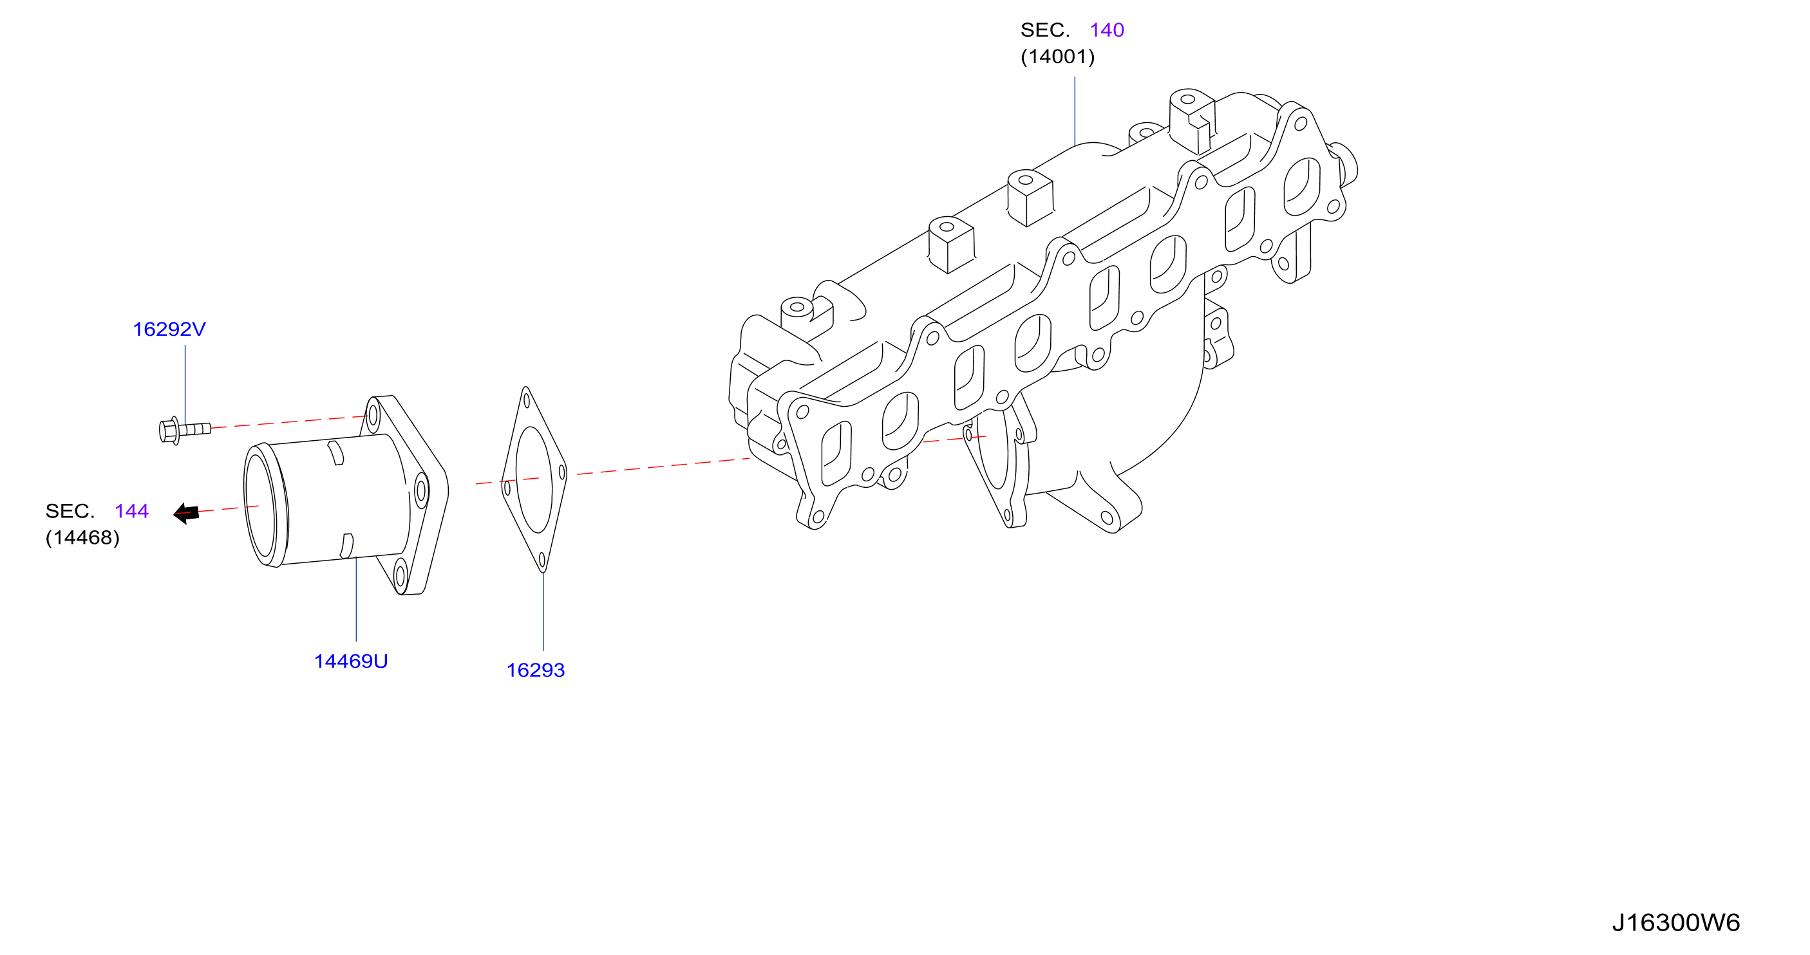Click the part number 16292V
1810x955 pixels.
click(169, 329)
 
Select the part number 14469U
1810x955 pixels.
click(351, 662)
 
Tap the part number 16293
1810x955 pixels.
click(536, 671)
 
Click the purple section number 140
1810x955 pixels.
click(1107, 30)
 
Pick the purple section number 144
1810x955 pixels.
click(131, 511)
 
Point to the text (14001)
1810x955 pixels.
click(1057, 57)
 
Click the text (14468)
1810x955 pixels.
click(82, 538)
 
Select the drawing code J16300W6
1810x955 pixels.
click(1676, 923)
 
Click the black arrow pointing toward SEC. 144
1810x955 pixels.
click(186, 514)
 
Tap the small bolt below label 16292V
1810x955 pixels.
click(185, 430)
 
